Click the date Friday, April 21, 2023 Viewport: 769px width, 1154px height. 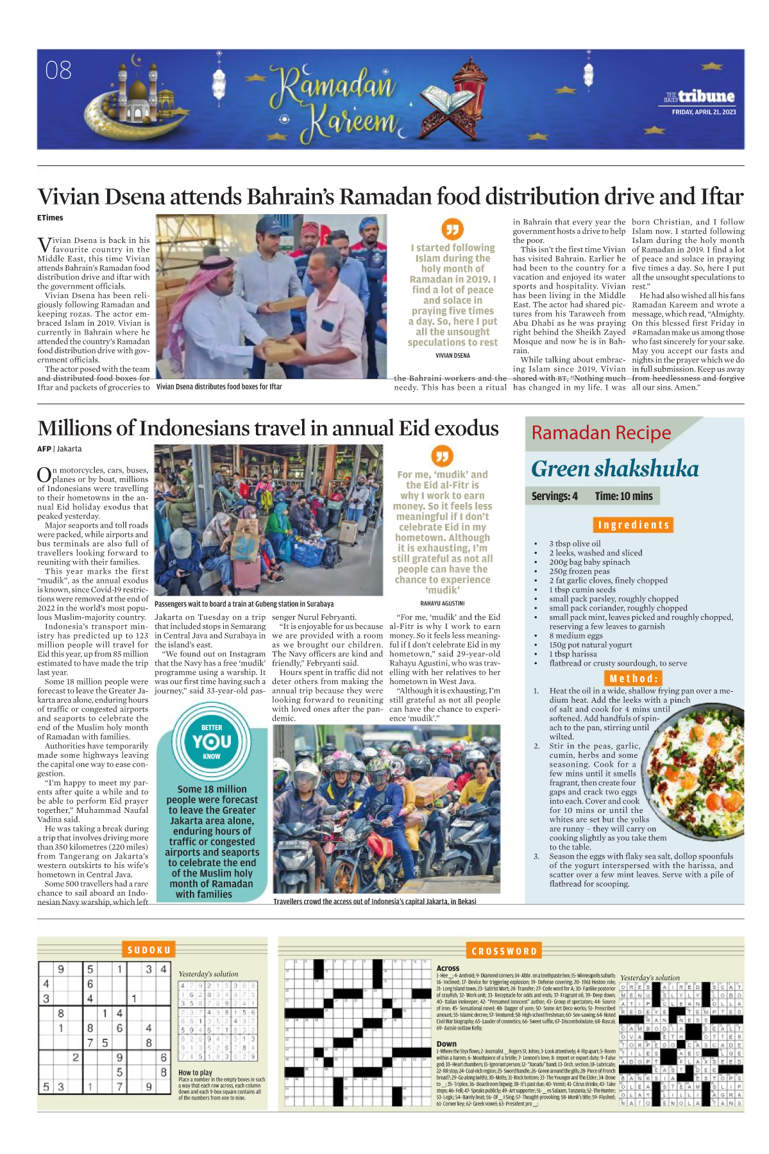[704, 112]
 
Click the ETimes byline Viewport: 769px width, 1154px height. [50, 218]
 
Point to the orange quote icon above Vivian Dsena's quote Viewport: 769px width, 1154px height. [452, 228]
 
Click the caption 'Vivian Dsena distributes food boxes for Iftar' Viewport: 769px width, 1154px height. [219, 387]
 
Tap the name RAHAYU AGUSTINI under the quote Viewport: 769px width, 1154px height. [443, 603]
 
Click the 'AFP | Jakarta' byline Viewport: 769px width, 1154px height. [59, 449]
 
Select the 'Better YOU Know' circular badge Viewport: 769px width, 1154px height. [212, 742]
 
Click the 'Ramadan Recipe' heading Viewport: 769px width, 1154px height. [601, 433]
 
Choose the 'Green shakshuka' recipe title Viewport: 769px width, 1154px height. [614, 469]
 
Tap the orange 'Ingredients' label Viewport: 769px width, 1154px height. [633, 525]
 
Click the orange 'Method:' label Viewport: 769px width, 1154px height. [633, 678]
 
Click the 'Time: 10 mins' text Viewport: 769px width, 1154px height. [623, 496]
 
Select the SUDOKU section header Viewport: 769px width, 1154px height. [149, 950]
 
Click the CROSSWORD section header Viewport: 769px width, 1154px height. [503, 951]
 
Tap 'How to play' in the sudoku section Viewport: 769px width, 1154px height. [195, 1073]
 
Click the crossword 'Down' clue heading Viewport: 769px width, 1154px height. [446, 1044]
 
